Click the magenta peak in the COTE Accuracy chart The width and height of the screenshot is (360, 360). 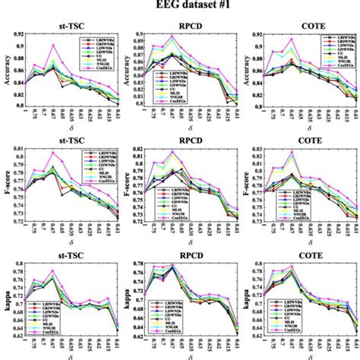click(292, 39)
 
